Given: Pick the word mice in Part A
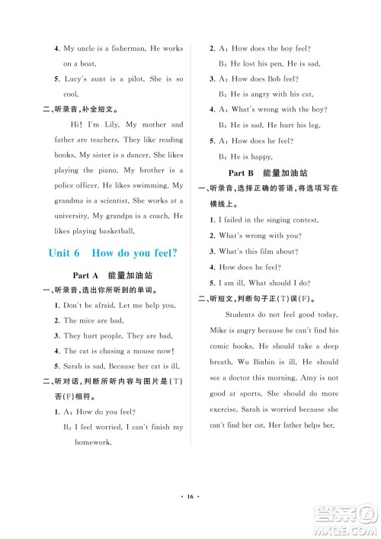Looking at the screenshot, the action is tap(86, 320).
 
